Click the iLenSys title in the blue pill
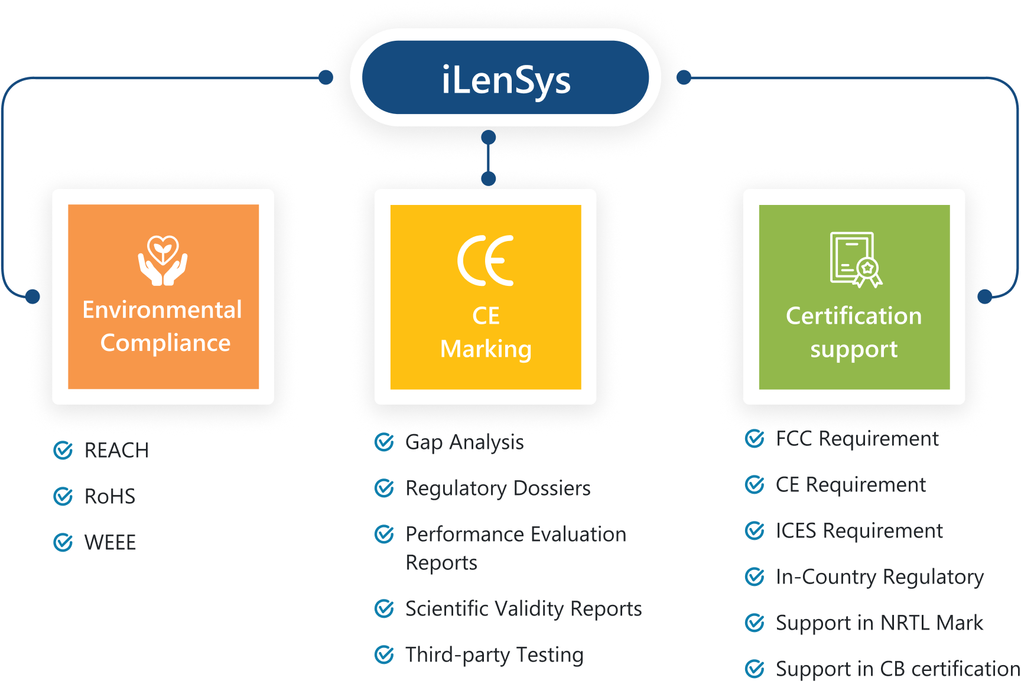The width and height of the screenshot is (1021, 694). click(x=506, y=80)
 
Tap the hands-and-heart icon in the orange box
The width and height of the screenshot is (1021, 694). click(x=163, y=260)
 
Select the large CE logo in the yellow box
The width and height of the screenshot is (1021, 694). click(x=486, y=260)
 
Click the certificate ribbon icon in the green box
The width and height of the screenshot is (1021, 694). click(x=855, y=260)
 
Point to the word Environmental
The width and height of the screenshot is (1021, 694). click(x=162, y=310)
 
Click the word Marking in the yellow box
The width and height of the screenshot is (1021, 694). click(x=486, y=349)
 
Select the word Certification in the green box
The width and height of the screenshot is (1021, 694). click(x=854, y=316)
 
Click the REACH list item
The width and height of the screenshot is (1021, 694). click(x=116, y=451)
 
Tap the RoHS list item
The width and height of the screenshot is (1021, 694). click(x=110, y=497)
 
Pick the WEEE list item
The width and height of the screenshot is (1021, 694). click(x=110, y=543)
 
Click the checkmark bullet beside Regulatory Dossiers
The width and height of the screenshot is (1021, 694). click(x=384, y=488)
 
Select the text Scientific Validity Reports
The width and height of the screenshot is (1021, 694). click(x=523, y=609)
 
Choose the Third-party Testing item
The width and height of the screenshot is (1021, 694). click(x=495, y=655)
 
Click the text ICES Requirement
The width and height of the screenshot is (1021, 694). click(x=859, y=531)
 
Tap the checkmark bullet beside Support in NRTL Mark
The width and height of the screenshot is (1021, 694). click(x=755, y=623)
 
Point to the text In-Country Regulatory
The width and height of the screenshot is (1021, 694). click(x=880, y=577)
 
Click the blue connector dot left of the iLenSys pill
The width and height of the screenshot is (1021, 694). click(x=325, y=77)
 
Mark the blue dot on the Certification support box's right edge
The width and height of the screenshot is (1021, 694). click(x=985, y=296)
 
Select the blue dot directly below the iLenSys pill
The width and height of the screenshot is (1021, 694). click(x=488, y=138)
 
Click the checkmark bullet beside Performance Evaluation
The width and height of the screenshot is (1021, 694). click(x=384, y=534)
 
